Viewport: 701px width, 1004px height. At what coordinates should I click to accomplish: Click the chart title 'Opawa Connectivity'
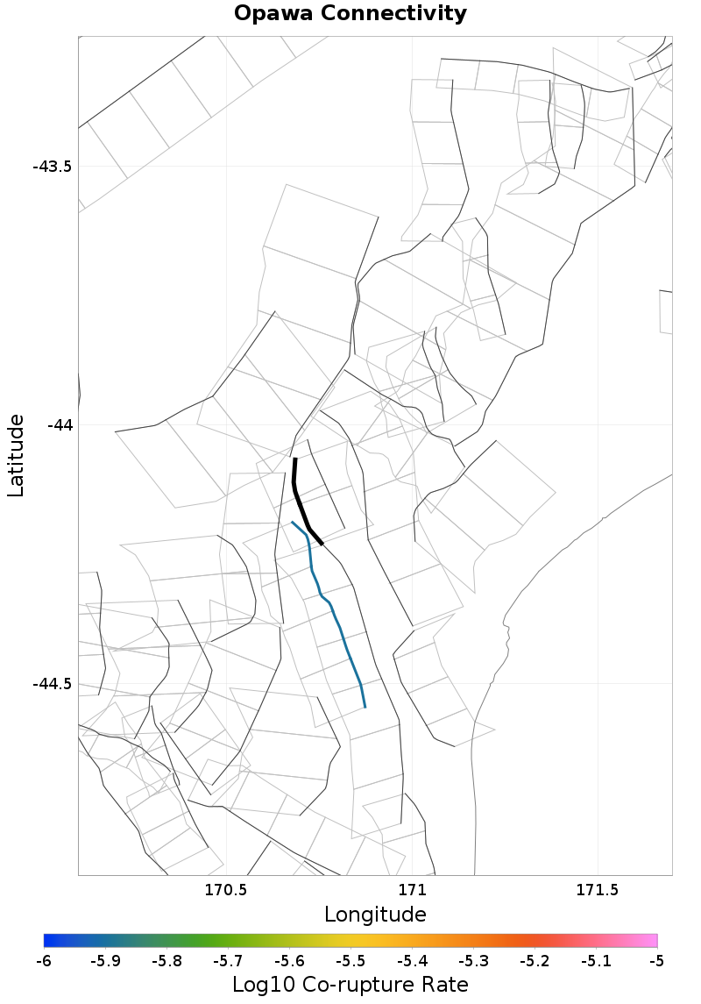click(350, 14)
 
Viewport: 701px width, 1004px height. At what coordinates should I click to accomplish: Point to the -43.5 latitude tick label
click(53, 167)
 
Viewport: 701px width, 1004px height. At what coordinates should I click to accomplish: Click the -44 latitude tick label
click(60, 425)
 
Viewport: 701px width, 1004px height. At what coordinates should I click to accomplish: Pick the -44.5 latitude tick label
click(53, 684)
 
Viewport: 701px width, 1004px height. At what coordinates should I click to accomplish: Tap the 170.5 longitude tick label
click(226, 890)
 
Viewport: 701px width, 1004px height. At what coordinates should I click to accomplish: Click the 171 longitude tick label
click(412, 890)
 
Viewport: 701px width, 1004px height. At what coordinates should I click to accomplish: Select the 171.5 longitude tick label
click(598, 890)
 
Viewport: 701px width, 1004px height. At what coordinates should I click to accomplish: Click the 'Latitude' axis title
click(16, 456)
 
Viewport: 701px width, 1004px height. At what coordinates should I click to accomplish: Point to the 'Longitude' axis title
click(375, 915)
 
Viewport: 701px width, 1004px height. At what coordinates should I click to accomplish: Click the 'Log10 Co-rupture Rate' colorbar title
click(350, 984)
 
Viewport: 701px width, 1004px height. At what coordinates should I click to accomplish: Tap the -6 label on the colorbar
click(44, 961)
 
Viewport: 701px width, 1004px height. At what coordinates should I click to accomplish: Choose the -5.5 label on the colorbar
click(350, 961)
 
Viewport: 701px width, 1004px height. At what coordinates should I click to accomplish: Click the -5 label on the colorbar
click(657, 961)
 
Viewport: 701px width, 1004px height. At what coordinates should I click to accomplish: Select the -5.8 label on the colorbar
click(166, 961)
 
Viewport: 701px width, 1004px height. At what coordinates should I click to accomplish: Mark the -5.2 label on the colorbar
click(535, 961)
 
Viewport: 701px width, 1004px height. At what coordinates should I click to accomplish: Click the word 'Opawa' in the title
click(272, 14)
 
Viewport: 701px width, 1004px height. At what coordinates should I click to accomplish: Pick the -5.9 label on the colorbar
click(105, 961)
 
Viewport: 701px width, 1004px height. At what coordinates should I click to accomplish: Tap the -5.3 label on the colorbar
click(473, 961)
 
